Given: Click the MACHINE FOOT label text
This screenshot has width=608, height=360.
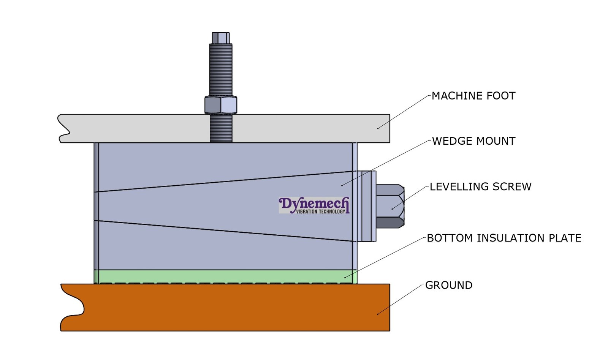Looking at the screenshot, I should point(473,96).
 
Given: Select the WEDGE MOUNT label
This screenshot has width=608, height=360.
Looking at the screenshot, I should point(473,141).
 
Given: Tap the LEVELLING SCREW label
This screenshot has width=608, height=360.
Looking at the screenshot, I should point(480,186).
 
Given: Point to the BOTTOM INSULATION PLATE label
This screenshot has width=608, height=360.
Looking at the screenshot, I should point(504,238).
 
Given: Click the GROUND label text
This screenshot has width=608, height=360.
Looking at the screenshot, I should point(448,285).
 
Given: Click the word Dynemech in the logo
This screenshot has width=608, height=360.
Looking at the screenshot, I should point(313,204).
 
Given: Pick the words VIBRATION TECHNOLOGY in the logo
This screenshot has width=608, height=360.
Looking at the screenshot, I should point(320,212).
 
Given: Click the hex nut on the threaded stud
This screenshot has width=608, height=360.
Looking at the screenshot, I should point(221,105).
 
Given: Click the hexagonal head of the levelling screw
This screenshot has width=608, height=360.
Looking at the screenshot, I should point(390,206).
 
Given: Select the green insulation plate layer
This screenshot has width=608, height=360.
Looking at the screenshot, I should point(224,276).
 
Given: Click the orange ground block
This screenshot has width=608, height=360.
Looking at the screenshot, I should point(228,308).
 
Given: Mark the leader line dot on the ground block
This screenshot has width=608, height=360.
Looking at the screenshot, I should point(377,314).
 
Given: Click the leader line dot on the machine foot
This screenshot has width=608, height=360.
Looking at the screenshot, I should point(378,128).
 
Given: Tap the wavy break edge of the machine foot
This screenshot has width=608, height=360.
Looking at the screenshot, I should point(63,128).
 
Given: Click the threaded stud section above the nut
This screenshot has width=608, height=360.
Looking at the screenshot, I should point(221,70).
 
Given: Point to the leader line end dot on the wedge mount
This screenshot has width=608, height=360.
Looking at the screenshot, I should point(342,185).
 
